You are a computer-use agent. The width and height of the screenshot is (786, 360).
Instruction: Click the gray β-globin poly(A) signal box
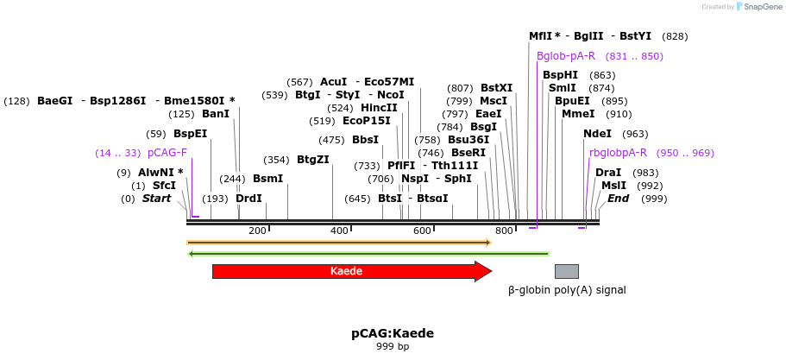[566, 271]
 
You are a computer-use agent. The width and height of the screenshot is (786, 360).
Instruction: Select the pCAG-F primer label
[167, 153]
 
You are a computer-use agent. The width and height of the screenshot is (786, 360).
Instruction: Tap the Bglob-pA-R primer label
[566, 56]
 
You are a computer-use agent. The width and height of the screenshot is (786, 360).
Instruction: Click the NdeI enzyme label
[597, 134]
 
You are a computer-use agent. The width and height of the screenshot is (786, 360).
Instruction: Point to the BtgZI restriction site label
[313, 160]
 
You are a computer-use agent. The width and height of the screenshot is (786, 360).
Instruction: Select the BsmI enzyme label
[267, 179]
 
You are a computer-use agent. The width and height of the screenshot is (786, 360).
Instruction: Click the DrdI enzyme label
[248, 199]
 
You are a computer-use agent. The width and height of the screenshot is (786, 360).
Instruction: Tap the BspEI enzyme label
[190, 134]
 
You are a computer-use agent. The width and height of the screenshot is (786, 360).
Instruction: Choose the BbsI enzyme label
[366, 140]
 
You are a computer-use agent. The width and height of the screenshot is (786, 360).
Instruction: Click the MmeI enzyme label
[578, 114]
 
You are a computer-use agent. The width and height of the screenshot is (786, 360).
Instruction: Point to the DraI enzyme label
[608, 173]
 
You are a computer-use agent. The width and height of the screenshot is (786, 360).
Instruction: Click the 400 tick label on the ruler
[339, 231]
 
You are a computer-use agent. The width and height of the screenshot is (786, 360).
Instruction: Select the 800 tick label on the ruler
[505, 231]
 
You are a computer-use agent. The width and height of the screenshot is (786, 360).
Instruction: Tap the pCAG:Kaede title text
[393, 333]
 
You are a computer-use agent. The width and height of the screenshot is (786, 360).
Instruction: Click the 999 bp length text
[393, 347]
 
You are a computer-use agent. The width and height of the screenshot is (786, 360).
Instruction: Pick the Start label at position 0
[157, 199]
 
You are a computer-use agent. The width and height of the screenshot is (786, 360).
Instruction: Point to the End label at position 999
[618, 199]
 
